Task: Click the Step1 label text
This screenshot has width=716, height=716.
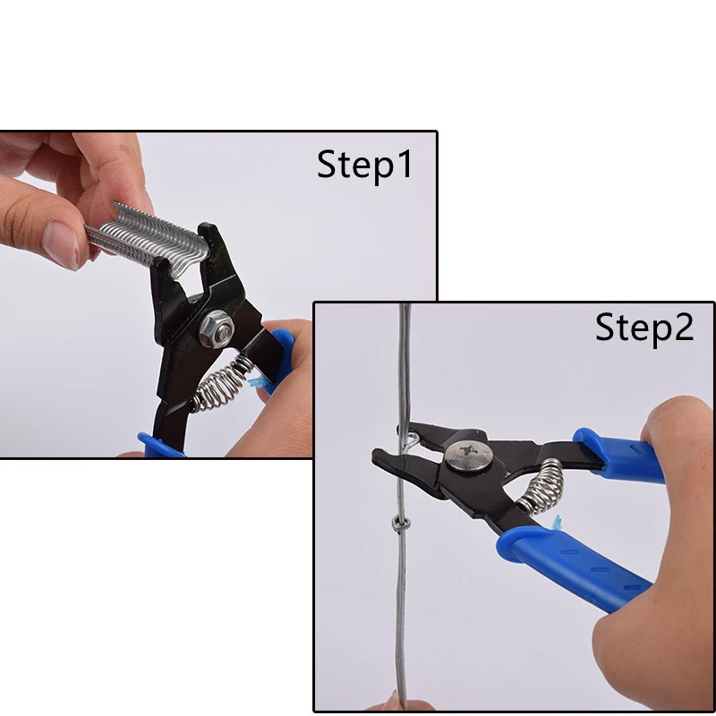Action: point(364,165)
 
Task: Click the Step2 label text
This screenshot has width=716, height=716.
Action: point(644,328)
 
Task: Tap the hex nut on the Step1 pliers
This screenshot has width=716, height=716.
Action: point(217,328)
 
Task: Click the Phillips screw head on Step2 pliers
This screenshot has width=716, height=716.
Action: point(469,456)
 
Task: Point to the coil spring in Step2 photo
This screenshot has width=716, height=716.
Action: point(541,487)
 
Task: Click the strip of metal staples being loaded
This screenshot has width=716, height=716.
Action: point(147,238)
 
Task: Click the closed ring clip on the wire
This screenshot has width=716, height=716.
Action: point(400,524)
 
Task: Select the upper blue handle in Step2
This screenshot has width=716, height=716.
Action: point(618,456)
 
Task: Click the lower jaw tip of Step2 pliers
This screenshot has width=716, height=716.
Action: point(375,455)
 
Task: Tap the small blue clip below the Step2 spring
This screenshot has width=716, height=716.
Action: point(556,523)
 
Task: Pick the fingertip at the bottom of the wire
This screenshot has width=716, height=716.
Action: point(394,702)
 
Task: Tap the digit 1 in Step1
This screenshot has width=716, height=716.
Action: point(405,165)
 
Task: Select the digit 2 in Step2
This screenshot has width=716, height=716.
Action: point(684,327)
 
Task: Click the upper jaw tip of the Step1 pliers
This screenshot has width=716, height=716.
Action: point(207,228)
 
